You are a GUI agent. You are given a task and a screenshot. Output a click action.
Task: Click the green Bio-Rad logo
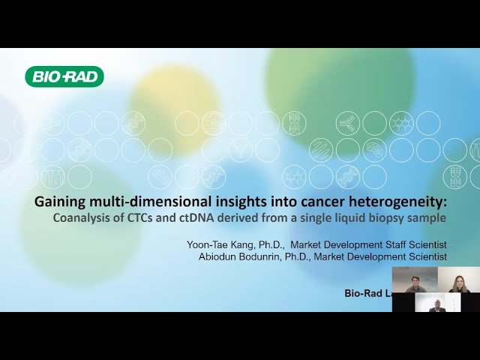pyautogui.click(x=64, y=76)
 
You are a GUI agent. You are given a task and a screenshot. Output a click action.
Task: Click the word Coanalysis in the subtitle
pyautogui.click(x=79, y=218)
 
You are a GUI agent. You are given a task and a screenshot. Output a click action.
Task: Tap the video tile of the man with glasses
pyautogui.click(x=415, y=280)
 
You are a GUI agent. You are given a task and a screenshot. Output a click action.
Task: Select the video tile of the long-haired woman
pyautogui.click(x=458, y=280)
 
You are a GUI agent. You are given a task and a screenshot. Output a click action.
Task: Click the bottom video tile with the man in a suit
pyautogui.click(x=436, y=302)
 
